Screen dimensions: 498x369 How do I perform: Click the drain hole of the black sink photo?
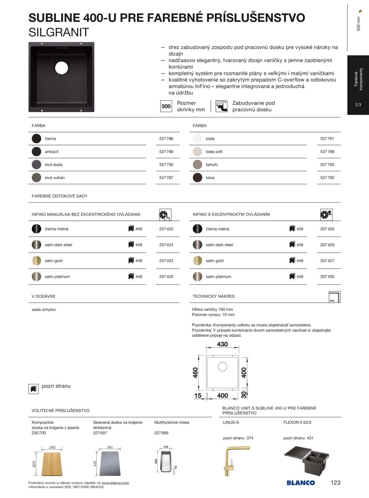click(x=61, y=68)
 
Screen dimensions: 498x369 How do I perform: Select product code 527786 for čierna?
click(x=166, y=139)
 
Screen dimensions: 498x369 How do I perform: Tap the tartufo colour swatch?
click(x=197, y=165)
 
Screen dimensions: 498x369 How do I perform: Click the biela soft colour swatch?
click(x=197, y=152)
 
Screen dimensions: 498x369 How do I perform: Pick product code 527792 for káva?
click(x=327, y=178)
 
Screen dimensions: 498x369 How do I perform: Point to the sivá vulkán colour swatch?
click(x=36, y=178)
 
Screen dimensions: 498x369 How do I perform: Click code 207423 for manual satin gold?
click(x=166, y=261)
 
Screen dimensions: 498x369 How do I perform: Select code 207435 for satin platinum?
click(x=327, y=277)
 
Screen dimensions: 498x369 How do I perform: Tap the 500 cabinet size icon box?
click(x=166, y=106)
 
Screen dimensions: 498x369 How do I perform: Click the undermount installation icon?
click(x=221, y=106)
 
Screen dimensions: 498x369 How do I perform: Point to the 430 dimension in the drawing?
click(x=222, y=344)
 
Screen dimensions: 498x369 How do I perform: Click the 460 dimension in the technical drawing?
click(x=195, y=373)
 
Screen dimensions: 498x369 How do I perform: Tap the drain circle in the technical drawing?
click(x=222, y=367)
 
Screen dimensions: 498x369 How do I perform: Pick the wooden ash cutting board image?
click(x=52, y=463)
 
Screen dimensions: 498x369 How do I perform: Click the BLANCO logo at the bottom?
click(x=301, y=483)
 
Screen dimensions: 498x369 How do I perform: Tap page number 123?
click(x=336, y=483)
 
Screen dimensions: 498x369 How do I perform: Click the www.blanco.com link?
click(x=115, y=483)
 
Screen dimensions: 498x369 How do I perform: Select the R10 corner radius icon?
click(x=334, y=297)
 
